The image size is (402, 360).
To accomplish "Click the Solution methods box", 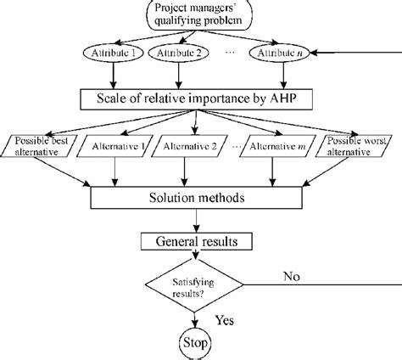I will pyautogui.click(x=196, y=197).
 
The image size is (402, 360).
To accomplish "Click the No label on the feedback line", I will pyautogui.click(x=294, y=275).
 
